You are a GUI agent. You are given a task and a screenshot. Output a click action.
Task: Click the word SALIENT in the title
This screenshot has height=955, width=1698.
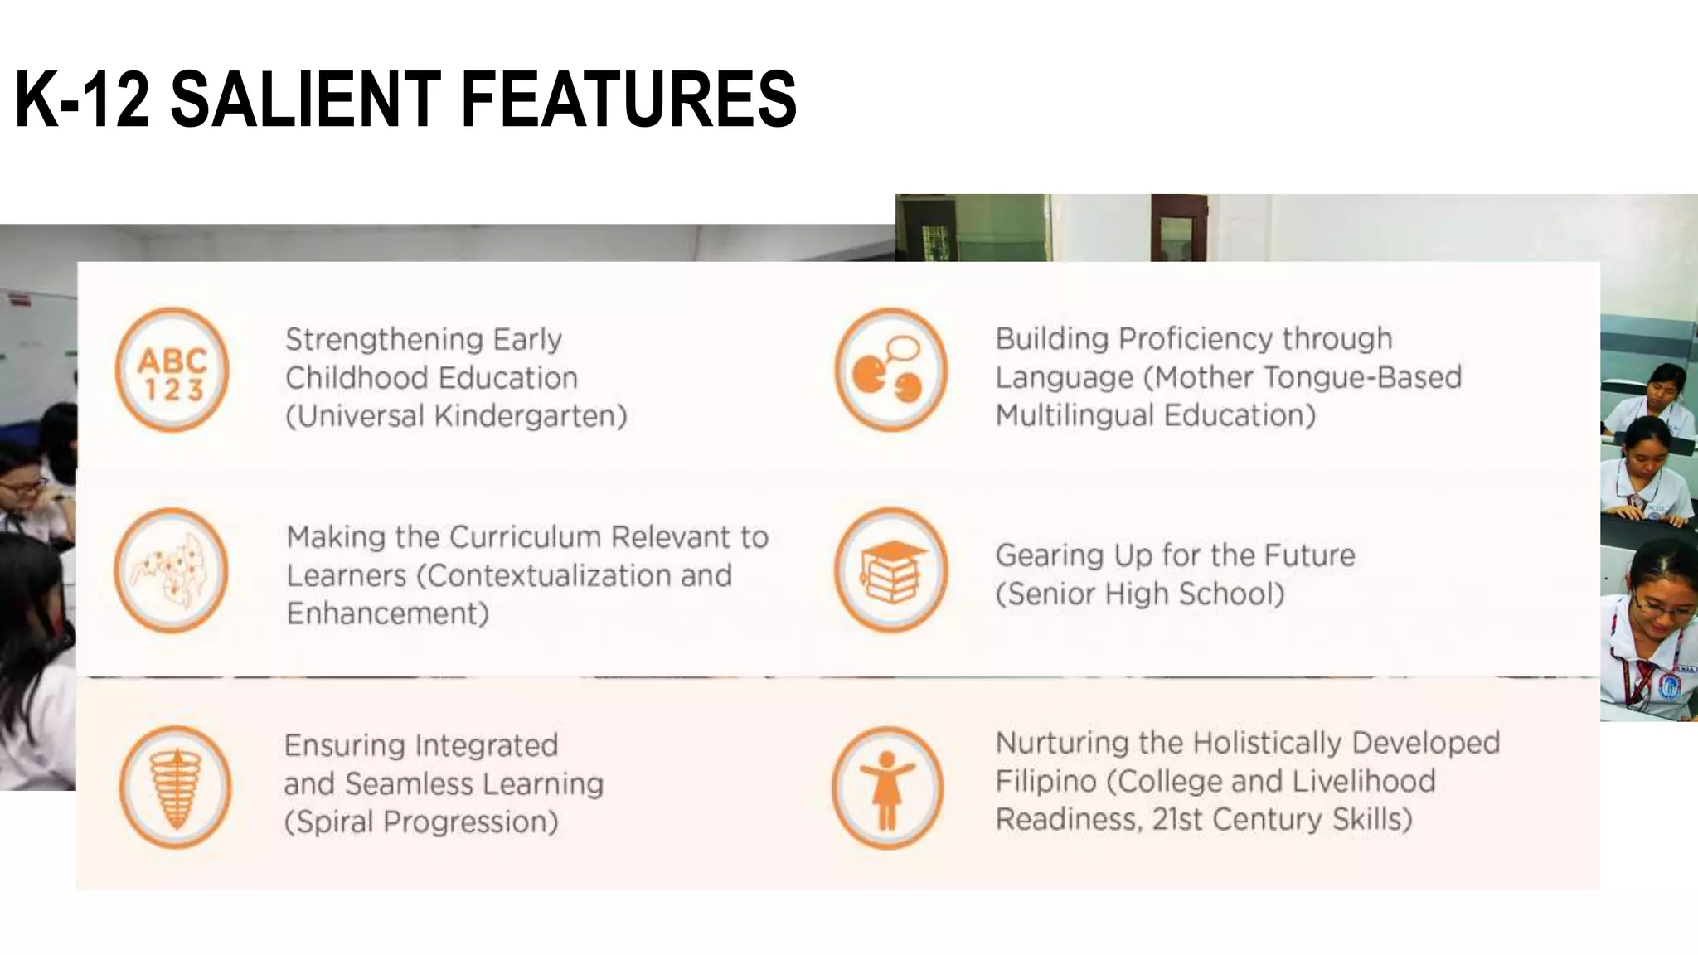304,99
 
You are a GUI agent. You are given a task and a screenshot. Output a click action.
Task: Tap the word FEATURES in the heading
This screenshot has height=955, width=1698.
628,99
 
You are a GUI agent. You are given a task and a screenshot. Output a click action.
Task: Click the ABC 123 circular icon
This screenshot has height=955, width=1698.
172,370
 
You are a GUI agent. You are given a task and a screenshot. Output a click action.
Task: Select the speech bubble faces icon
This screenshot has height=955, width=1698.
890,370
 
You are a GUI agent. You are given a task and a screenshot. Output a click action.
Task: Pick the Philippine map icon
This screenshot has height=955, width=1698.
171,570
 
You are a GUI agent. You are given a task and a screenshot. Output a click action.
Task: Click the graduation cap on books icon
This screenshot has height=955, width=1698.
890,570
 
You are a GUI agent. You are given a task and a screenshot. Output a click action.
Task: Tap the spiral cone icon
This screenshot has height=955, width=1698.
175,787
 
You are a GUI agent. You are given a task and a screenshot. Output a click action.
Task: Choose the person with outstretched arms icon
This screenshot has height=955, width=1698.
888,788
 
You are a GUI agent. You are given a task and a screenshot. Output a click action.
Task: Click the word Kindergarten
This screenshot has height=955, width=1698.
526,416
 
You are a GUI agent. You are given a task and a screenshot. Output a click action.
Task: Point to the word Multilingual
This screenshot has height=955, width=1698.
1070,415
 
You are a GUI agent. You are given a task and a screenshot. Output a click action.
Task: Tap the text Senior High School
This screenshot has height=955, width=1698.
1144,594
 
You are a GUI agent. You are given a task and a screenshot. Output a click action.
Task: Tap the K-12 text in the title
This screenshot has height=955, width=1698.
82,99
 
